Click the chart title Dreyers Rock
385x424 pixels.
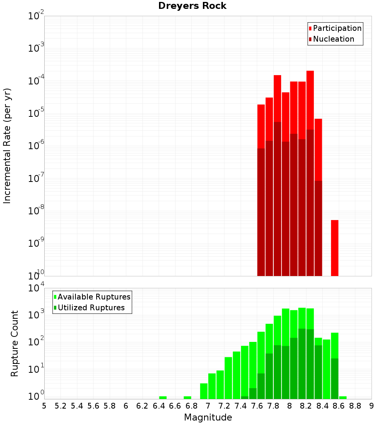pos(192,6)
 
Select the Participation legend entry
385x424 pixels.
pos(335,29)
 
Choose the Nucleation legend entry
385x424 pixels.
pos(331,39)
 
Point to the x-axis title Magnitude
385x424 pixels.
pos(208,417)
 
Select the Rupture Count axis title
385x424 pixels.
pos(15,343)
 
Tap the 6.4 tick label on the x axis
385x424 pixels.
pos(159,406)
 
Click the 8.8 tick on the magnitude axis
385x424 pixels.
pos(355,406)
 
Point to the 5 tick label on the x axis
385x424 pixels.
pos(44,406)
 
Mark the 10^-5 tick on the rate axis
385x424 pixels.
pos(36,113)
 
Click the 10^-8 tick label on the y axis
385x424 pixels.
pos(36,211)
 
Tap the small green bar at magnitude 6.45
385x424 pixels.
pos(163,397)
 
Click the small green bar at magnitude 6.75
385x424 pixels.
pos(187,397)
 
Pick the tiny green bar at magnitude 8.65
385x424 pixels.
pos(343,397)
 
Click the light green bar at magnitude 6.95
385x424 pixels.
pos(204,391)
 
